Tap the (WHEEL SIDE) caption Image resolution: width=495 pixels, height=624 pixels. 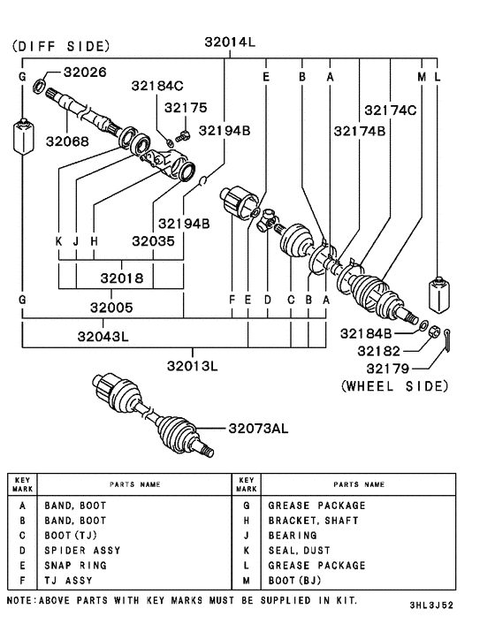click(394, 386)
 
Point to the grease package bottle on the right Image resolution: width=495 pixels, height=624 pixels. click(439, 293)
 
